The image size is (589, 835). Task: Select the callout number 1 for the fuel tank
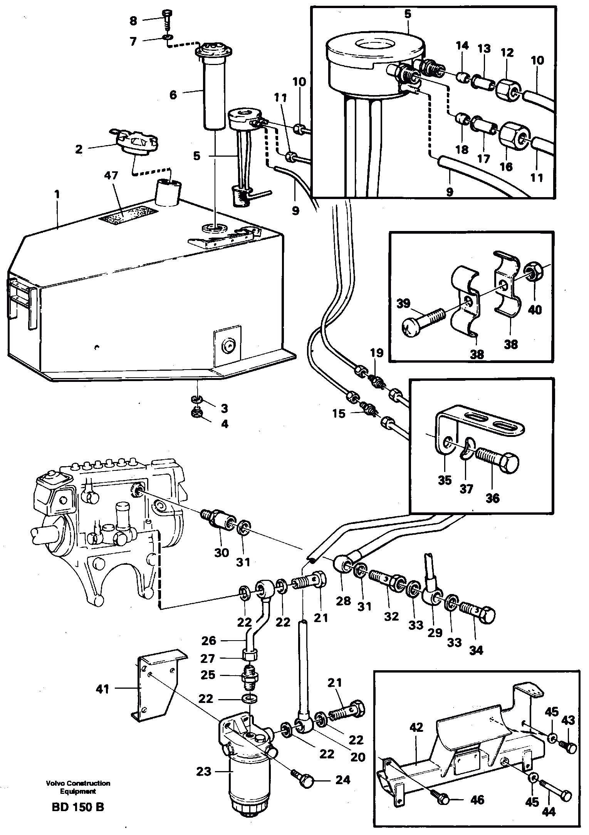point(57,195)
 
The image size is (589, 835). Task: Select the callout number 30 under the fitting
point(222,552)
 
